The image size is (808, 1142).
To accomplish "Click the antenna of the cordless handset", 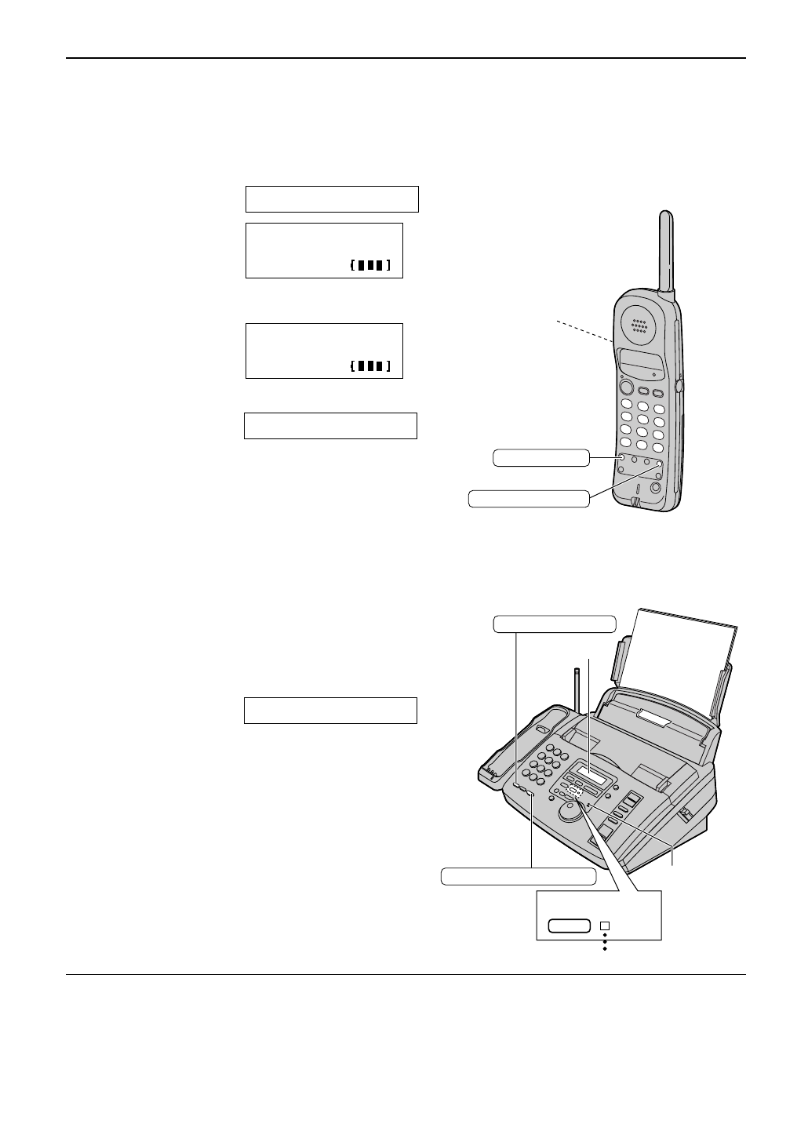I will tap(666, 251).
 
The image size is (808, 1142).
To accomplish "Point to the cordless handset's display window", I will tap(640, 362).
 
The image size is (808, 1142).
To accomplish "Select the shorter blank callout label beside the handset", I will tap(540, 458).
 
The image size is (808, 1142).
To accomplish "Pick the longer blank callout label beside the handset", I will tap(528, 498).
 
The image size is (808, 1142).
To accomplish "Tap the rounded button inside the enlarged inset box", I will tap(569, 926).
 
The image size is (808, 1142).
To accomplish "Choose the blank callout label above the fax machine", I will tap(555, 624).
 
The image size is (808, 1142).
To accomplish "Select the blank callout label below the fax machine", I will tap(519, 876).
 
